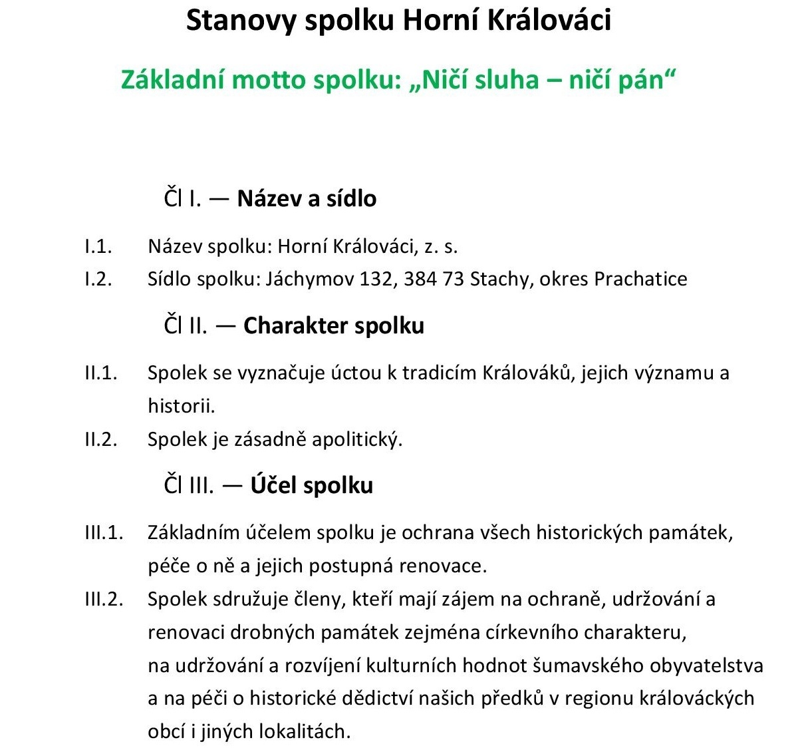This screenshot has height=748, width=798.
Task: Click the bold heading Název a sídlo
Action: (307, 198)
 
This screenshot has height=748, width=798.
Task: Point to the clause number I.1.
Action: (98, 246)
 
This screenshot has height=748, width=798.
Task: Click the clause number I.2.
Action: (98, 278)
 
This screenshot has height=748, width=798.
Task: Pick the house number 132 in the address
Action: (375, 278)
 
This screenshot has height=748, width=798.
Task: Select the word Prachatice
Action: (640, 278)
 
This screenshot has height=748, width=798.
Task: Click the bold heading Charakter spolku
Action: (334, 325)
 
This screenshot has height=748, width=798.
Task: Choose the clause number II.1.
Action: (100, 373)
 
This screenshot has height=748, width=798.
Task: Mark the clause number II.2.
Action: (100, 439)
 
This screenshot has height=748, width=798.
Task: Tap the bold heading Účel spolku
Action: (311, 485)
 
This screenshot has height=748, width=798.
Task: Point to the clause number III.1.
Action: (104, 532)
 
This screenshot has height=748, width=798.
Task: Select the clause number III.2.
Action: (104, 599)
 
